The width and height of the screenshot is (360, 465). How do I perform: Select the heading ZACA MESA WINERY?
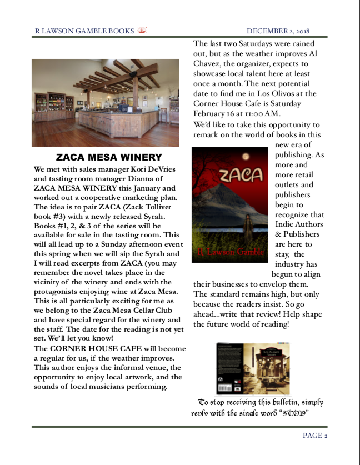(109, 157)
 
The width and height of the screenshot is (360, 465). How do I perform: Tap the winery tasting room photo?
(106, 103)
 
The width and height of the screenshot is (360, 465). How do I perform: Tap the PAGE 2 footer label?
(315, 436)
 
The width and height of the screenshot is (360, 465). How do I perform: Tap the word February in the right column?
(211, 113)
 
